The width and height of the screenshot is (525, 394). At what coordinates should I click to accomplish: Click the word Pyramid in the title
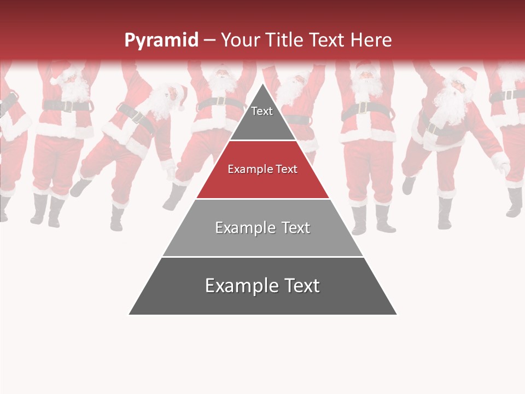pos(161,40)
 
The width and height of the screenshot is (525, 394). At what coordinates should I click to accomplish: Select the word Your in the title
pos(239,40)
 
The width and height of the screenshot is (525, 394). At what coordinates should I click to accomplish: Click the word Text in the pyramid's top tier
pos(262,111)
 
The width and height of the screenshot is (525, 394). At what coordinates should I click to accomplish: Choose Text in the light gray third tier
pos(293,228)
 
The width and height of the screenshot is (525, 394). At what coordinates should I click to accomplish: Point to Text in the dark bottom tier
pos(299,286)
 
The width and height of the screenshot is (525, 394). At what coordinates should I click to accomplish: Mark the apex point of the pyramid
pos(263,84)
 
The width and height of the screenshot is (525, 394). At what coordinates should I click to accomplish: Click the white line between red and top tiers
pos(262,141)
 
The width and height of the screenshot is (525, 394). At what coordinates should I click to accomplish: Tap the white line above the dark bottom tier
pos(262,257)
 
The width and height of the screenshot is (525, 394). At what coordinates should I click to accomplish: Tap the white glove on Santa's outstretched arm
pos(500,162)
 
